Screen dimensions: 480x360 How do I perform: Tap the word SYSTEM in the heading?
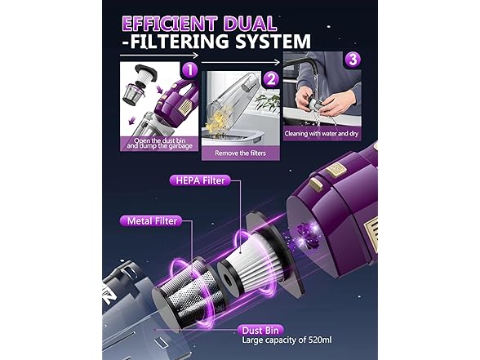[273, 41]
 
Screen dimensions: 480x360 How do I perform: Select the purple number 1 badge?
[189, 70]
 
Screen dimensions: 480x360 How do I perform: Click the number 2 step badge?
[271, 80]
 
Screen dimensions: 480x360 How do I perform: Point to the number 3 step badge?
[353, 60]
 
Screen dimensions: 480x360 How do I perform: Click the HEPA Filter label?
[200, 180]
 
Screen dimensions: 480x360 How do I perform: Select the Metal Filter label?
[152, 221]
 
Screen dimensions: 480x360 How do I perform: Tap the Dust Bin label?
[260, 331]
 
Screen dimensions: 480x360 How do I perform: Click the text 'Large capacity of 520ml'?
[287, 340]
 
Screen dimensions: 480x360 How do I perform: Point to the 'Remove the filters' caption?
[240, 153]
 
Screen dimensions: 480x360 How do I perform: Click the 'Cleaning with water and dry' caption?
[322, 134]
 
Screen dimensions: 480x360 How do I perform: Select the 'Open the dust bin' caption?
[160, 140]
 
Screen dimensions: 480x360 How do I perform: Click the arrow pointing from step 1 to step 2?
[159, 56]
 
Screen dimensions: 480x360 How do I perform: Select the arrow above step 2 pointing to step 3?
[241, 62]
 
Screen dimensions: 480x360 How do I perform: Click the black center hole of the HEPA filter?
[227, 281]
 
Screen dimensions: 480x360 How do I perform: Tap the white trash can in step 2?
[233, 138]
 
